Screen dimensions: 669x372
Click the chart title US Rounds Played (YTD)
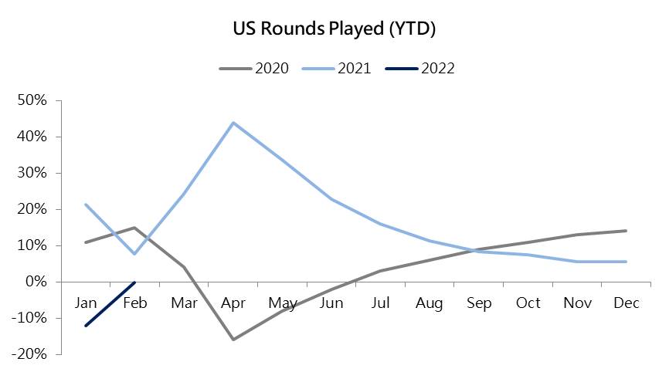click(334, 29)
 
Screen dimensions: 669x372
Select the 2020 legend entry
click(254, 68)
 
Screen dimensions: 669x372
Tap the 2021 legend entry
click(337, 68)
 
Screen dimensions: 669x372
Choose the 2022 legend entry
click(419, 68)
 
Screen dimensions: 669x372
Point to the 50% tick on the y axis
click(32, 100)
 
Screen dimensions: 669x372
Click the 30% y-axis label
click(32, 173)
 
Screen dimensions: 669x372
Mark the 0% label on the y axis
click(36, 282)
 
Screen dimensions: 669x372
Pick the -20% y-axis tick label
click(29, 354)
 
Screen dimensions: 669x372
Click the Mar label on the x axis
click(184, 303)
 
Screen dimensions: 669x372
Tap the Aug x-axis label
click(430, 303)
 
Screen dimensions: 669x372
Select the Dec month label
click(626, 303)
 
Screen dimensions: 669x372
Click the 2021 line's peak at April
click(233, 123)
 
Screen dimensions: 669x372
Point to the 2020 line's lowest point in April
click(233, 340)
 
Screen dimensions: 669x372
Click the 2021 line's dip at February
click(135, 254)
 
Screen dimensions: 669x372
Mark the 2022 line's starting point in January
click(86, 326)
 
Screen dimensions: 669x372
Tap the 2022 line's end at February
click(135, 282)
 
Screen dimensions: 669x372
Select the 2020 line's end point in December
click(627, 231)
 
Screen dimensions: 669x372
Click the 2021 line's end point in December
click(627, 262)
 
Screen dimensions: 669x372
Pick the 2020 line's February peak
click(135, 228)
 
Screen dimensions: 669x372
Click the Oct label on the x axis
click(528, 303)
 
